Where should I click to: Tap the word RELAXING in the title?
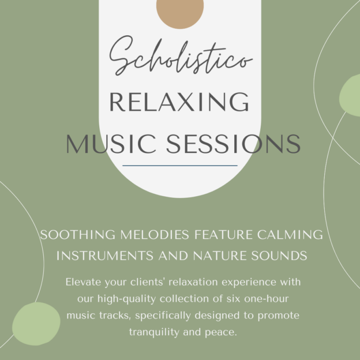click(179, 103)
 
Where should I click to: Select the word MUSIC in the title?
click(106, 144)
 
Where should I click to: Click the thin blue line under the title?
click(180, 166)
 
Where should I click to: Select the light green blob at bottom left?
click(36, 324)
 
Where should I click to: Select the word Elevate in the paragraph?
click(82, 283)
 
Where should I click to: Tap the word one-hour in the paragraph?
click(263, 299)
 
